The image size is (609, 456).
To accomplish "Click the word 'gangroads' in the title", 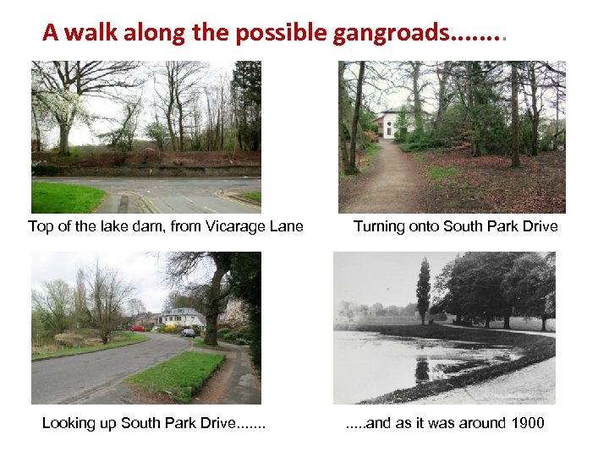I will tap(392, 33).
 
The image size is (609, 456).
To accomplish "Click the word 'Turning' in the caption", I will tap(381, 225).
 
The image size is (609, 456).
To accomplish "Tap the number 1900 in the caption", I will tap(527, 422).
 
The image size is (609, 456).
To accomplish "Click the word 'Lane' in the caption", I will tap(288, 225).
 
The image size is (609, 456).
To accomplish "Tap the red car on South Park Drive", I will tap(138, 328).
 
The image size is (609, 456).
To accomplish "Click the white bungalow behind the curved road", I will tap(182, 318).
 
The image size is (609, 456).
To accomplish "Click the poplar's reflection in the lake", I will tap(422, 367).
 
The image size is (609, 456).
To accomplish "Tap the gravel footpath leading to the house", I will tap(385, 182).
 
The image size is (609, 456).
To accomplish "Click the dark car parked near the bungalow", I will tap(189, 333).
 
